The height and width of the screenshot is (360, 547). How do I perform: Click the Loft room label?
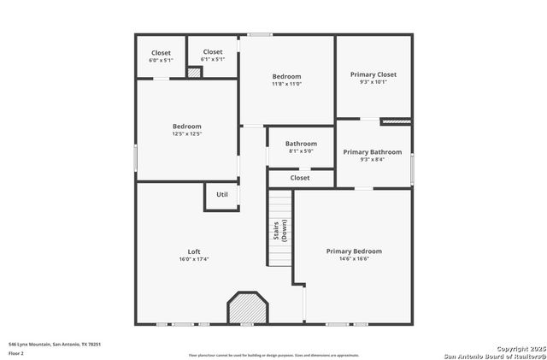click(x=194, y=251)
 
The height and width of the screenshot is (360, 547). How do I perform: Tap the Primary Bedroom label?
click(x=354, y=251)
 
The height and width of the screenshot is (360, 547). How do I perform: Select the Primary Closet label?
click(x=373, y=74)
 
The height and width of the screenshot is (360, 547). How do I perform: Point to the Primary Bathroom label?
click(x=373, y=152)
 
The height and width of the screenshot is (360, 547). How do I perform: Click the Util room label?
click(x=222, y=194)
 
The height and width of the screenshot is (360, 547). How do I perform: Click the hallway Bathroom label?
click(x=301, y=144)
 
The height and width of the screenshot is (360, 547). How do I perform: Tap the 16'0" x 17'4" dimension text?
click(x=194, y=259)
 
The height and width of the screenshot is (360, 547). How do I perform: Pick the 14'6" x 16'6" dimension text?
click(x=354, y=259)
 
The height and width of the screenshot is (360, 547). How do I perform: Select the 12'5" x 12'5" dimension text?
click(x=187, y=134)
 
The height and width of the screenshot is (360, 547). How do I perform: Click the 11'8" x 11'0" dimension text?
click(x=286, y=85)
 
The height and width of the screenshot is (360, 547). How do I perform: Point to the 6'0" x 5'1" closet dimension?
click(x=161, y=61)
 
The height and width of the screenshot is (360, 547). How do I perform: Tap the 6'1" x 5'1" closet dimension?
click(x=213, y=60)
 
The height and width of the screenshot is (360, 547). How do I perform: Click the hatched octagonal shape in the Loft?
click(x=247, y=308)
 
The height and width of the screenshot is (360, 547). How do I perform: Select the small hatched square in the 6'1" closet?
click(x=194, y=73)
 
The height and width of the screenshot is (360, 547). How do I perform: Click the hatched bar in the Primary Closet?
click(x=396, y=122)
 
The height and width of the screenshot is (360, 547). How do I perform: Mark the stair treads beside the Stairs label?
click(x=281, y=227)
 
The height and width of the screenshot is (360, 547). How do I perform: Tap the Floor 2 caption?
click(x=16, y=352)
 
